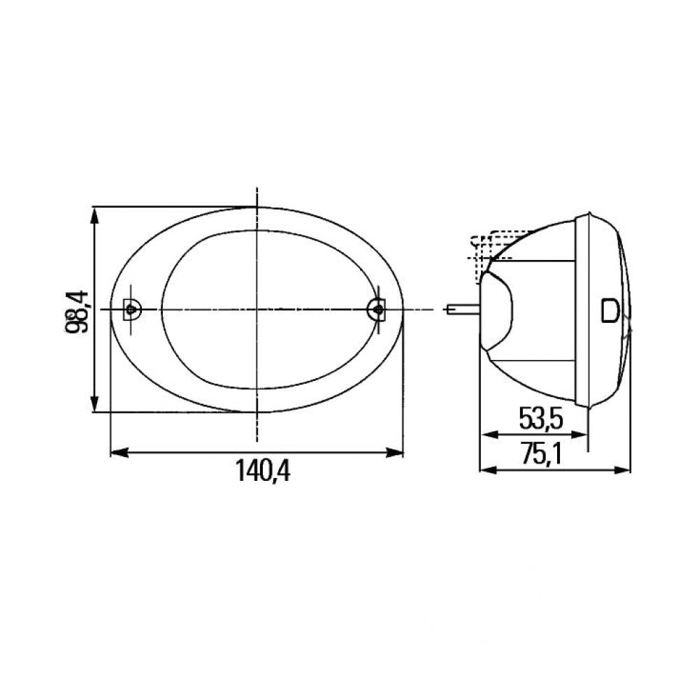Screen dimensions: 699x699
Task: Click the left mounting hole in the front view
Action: [x=131, y=308]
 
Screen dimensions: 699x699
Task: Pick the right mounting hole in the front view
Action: [x=377, y=308]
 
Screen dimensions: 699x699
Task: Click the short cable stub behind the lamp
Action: [x=461, y=309]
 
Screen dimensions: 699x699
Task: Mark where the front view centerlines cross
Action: [x=257, y=309]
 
